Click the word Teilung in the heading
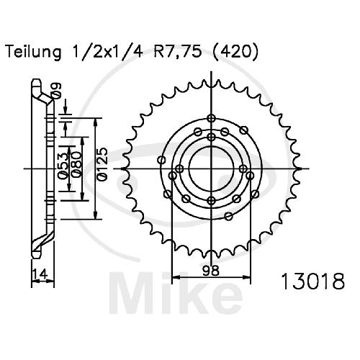click(x=33, y=53)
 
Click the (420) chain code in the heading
click(x=236, y=52)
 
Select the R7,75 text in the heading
click(x=177, y=52)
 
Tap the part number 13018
click(x=313, y=281)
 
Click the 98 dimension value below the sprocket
click(x=211, y=271)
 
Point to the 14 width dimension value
click(x=40, y=274)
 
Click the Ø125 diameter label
click(x=102, y=164)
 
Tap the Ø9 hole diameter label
click(x=57, y=91)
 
